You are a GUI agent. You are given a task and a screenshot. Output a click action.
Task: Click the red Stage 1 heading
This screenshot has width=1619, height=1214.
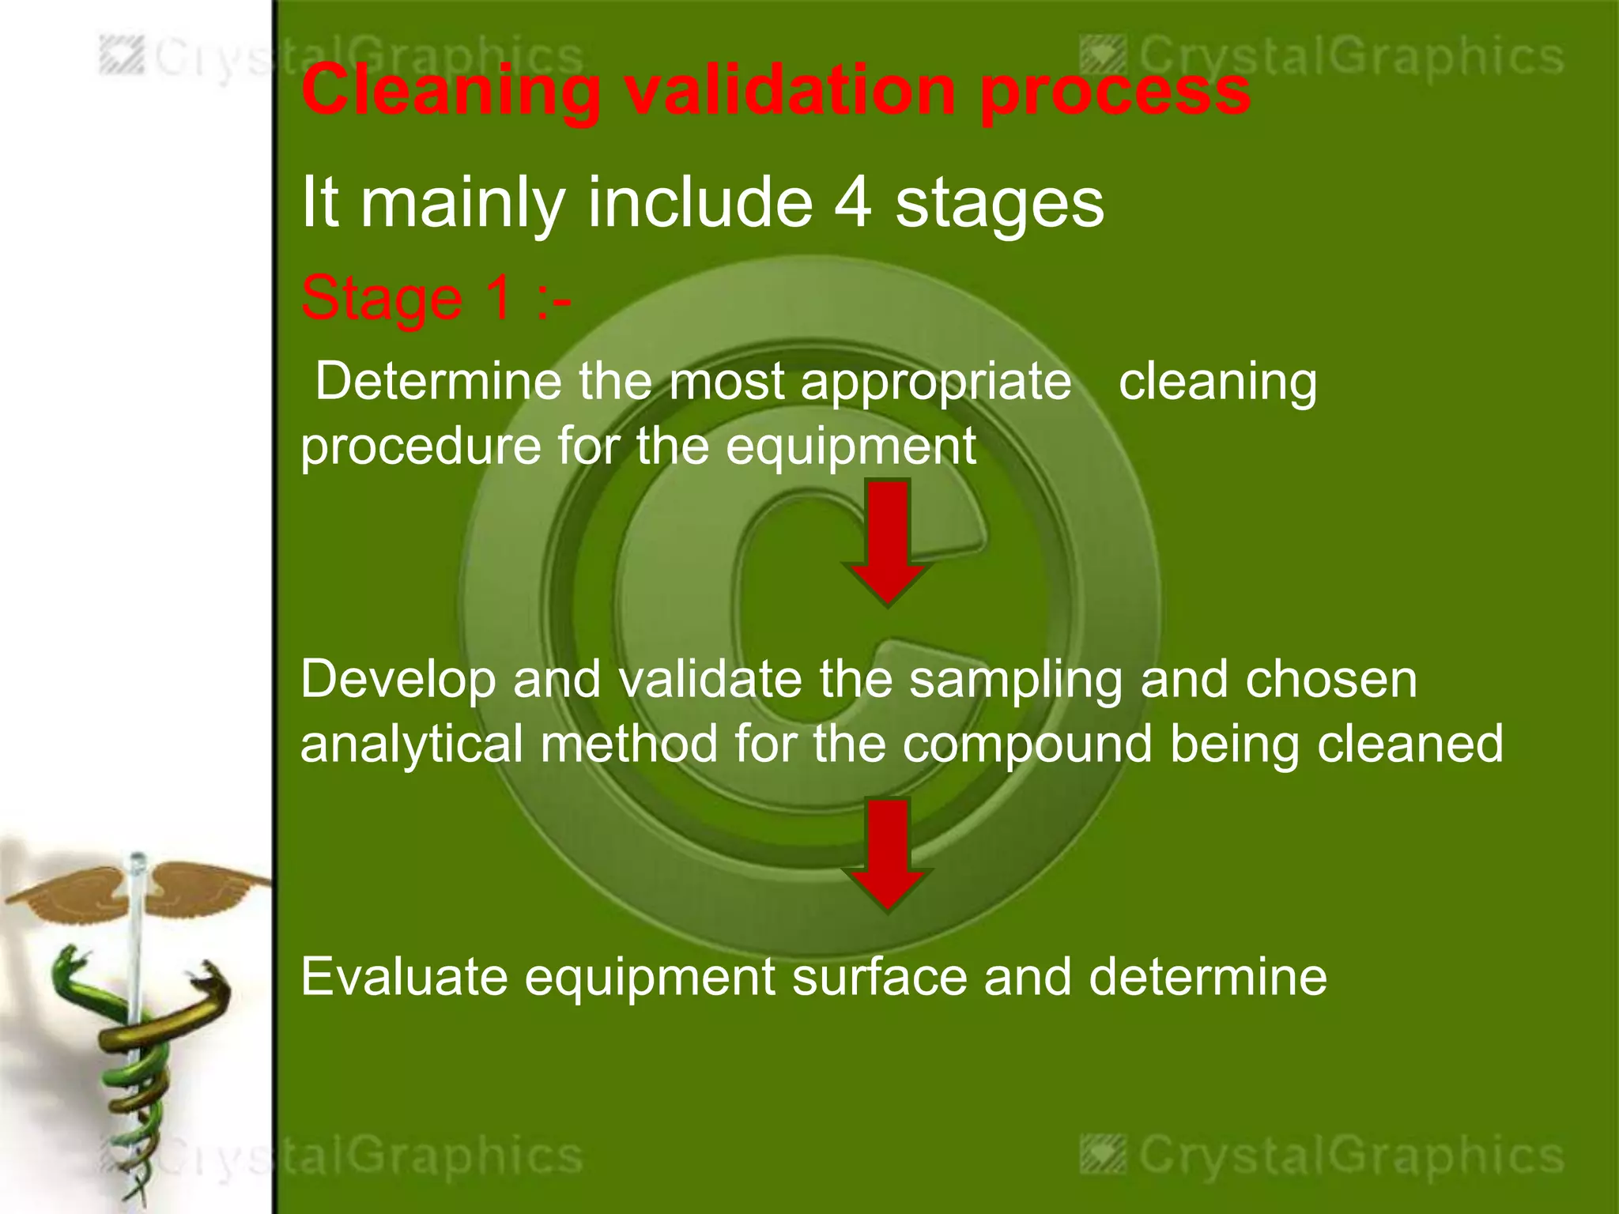point(435,299)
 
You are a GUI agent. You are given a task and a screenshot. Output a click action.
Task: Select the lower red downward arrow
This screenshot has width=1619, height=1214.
point(888,854)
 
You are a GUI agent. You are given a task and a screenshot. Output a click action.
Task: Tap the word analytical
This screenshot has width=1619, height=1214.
point(411,745)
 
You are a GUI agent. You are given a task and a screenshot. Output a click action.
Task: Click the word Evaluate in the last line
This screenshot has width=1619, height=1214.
point(404,977)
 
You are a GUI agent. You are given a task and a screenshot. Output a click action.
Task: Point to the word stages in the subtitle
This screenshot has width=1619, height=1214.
point(999,204)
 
